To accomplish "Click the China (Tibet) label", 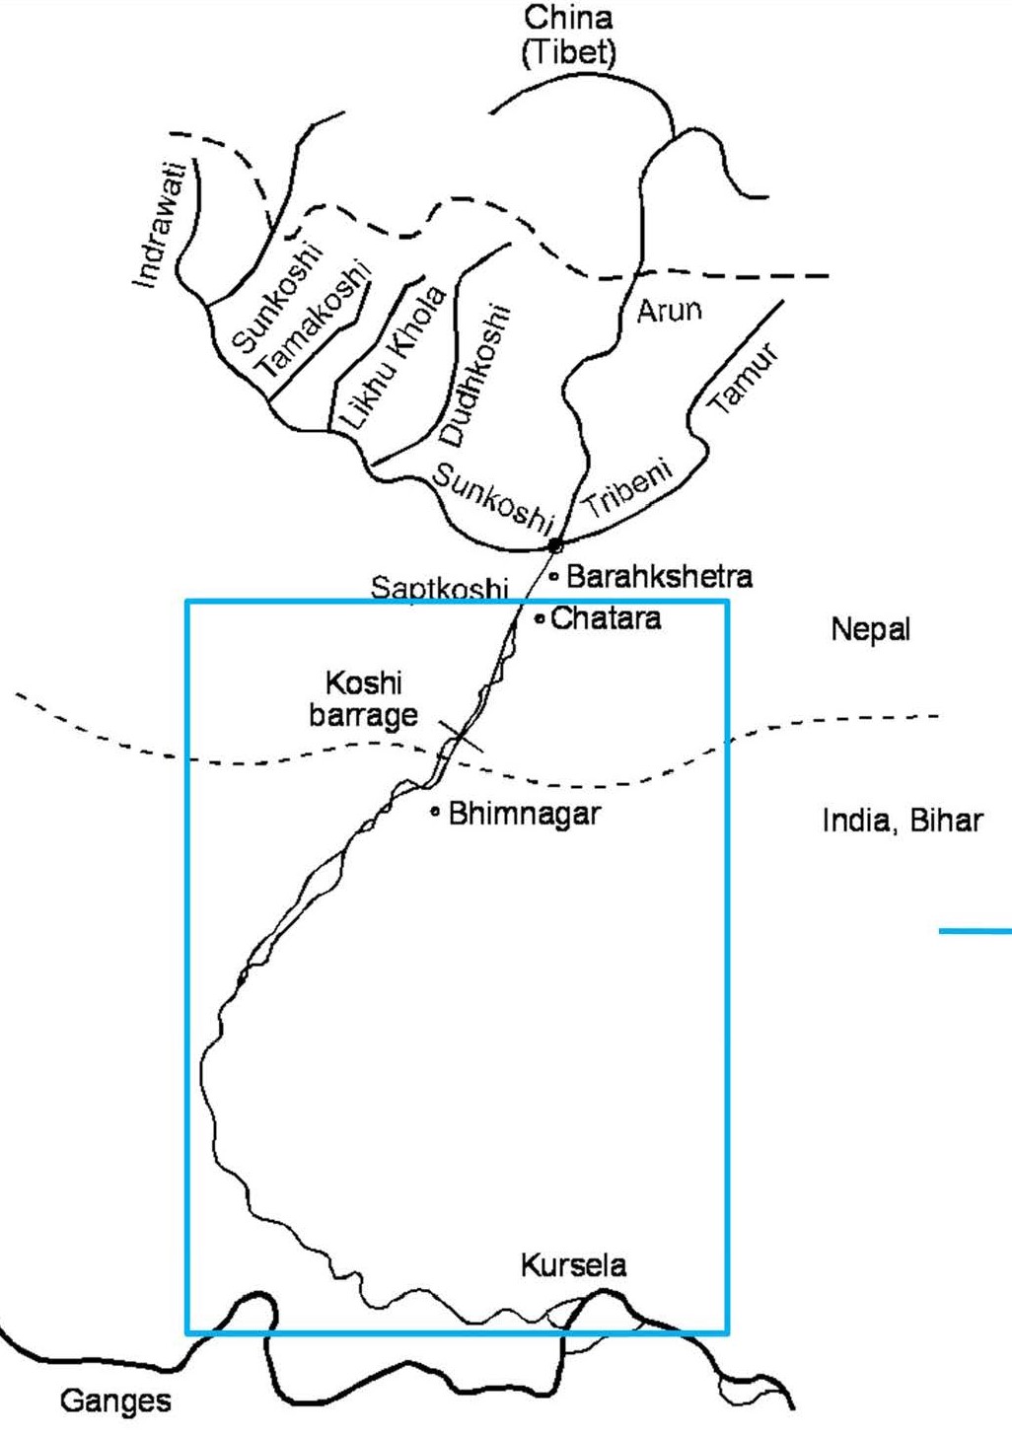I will click(x=568, y=35).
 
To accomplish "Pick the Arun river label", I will click(x=669, y=311).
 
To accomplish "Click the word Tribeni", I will click(x=627, y=489).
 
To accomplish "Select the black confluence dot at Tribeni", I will click(x=555, y=545).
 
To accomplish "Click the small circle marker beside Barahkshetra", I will click(x=553, y=576).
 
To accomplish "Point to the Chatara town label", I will click(x=606, y=618).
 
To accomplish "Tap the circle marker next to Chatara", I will click(x=540, y=619).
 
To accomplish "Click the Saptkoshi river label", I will click(x=439, y=589).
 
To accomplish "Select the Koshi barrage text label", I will click(x=363, y=698).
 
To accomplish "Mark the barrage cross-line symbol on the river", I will click(x=461, y=736).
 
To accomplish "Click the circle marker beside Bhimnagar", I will click(x=435, y=813).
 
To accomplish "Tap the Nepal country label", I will click(x=870, y=629).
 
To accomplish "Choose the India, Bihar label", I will click(x=903, y=821).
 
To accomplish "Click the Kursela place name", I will click(x=573, y=1265).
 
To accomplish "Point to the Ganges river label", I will click(x=115, y=1400).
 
